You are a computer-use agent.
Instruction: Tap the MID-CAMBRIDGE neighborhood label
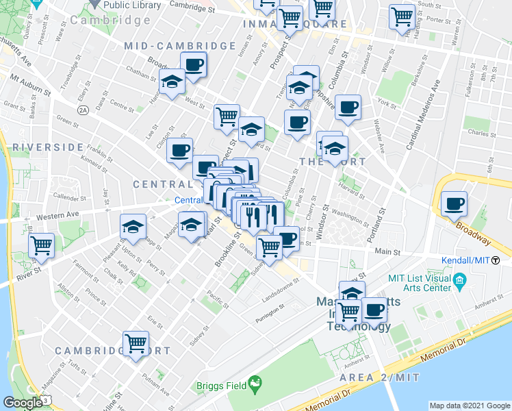180,46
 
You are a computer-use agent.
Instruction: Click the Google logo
22,403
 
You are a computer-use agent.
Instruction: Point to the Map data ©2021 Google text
469,406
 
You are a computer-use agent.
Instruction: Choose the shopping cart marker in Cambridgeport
136,342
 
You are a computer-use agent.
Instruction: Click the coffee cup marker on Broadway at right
454,203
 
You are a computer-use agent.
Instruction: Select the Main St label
387,252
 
